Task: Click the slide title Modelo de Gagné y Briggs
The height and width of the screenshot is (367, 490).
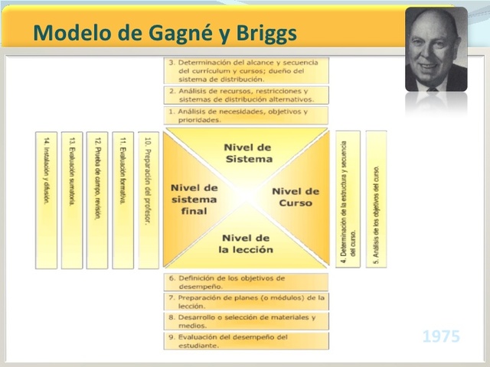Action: [165, 33]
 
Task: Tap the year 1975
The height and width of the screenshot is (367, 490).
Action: [441, 336]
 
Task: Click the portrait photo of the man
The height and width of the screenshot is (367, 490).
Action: [436, 50]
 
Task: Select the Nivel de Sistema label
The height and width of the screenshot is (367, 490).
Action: [248, 153]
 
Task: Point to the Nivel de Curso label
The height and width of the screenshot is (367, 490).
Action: [296, 197]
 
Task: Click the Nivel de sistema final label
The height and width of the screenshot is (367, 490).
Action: [194, 198]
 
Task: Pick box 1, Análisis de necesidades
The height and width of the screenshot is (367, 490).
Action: [247, 115]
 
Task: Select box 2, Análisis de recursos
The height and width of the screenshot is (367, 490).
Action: [247, 95]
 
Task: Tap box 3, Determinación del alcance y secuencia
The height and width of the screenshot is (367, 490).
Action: [247, 70]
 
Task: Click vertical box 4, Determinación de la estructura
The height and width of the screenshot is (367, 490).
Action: [348, 199]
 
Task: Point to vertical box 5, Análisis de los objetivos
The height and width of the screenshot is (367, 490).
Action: [376, 199]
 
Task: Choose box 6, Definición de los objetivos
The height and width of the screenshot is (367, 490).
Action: [247, 281]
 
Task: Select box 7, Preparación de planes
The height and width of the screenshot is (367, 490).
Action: [247, 301]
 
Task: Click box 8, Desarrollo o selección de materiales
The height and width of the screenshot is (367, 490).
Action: [247, 321]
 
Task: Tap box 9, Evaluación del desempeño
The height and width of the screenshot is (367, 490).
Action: [247, 340]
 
